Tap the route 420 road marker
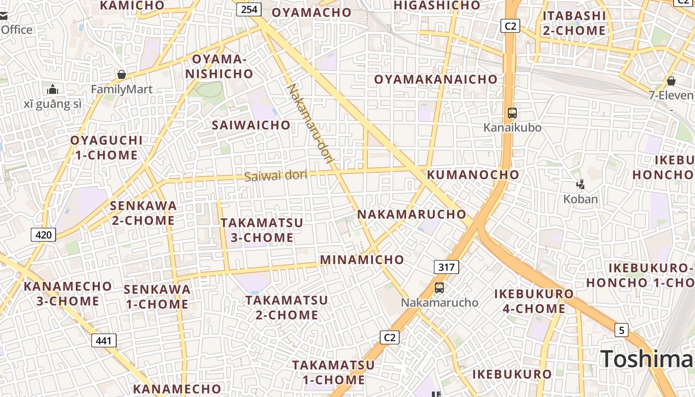[x=44, y=234]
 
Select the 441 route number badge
[x=104, y=340]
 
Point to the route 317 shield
[x=446, y=267]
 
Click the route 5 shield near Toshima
[x=622, y=330]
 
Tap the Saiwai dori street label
[x=276, y=175]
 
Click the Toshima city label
[x=647, y=359]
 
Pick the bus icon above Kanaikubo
[x=512, y=113]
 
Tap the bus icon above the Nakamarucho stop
[x=439, y=288]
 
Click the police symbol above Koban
[x=580, y=185]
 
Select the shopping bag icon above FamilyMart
[x=122, y=75]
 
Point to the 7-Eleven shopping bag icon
[x=671, y=81]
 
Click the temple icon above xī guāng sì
[x=53, y=90]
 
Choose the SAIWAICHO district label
[x=251, y=125]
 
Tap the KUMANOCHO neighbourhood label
[x=473, y=175]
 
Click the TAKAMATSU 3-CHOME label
[x=262, y=230]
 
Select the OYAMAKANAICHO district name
[x=435, y=79]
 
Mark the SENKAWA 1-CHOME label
[x=157, y=297]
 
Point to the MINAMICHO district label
[x=362, y=260]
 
